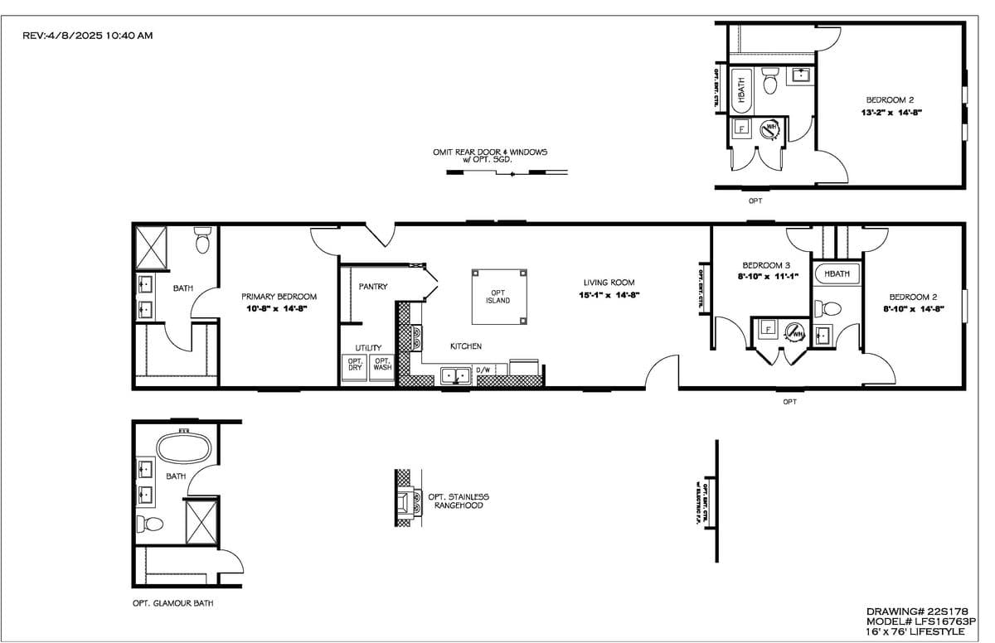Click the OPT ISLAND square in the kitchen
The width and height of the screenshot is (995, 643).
498,296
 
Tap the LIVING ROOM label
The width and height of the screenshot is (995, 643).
609,283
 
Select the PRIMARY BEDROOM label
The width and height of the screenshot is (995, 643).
279,297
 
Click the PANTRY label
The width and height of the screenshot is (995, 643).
372,287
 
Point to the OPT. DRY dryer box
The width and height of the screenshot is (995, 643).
355,366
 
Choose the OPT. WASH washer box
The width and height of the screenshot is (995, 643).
381,366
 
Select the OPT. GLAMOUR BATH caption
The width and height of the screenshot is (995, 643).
172,603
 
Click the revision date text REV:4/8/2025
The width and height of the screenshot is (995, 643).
87,36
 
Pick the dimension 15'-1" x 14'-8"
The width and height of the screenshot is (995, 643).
609,295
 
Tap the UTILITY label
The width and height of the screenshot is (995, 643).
369,348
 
